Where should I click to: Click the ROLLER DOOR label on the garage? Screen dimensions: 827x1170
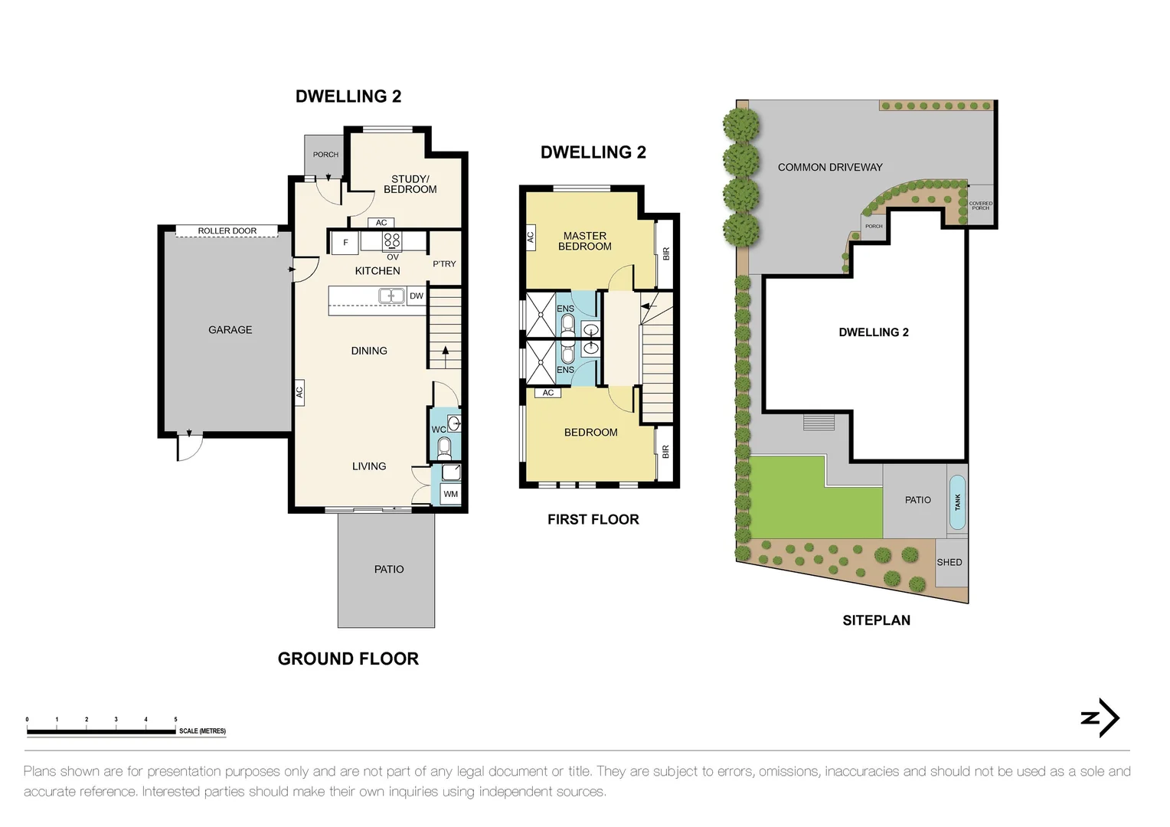tap(227, 230)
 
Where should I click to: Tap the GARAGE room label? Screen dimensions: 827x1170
tap(230, 330)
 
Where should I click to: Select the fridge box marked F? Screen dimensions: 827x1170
tap(345, 243)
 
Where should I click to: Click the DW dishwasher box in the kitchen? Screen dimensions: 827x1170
tap(417, 296)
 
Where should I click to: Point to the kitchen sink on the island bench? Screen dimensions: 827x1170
tap(391, 296)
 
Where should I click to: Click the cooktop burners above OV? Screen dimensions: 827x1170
tap(392, 240)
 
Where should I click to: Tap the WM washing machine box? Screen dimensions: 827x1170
tap(450, 494)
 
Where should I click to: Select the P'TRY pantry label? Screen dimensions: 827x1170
tap(444, 263)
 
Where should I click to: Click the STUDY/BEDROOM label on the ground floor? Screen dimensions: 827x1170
tap(410, 185)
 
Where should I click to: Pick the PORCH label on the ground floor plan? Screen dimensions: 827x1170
tap(325, 155)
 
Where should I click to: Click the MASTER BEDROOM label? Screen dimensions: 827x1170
tap(585, 241)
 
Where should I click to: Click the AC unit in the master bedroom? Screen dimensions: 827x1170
tap(530, 237)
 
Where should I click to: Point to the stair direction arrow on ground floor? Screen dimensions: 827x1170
tap(446, 354)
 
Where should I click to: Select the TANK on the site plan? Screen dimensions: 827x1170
tap(957, 502)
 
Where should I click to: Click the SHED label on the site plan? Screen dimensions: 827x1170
tap(949, 562)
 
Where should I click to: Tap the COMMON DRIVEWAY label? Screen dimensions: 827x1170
tap(830, 167)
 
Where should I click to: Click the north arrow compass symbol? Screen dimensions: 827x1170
tap(1100, 717)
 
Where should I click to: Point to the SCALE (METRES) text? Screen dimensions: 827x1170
tap(202, 731)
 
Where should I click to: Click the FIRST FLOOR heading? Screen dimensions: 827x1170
tap(593, 519)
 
